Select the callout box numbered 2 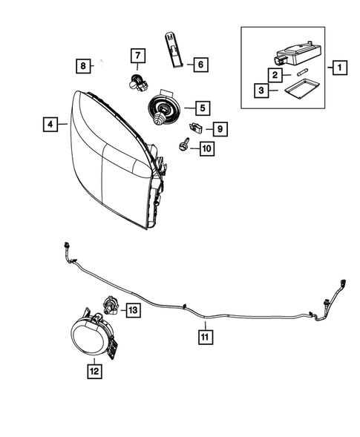[x=275, y=75]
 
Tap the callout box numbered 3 [x=261, y=91]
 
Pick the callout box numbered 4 [x=50, y=125]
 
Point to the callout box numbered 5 [x=200, y=106]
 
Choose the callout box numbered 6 [x=199, y=65]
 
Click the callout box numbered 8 [x=83, y=66]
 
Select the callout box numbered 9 [x=220, y=128]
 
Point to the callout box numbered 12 [x=95, y=369]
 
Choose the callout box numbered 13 [x=134, y=309]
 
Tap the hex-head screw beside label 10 [x=182, y=147]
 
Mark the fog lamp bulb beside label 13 [x=109, y=303]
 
